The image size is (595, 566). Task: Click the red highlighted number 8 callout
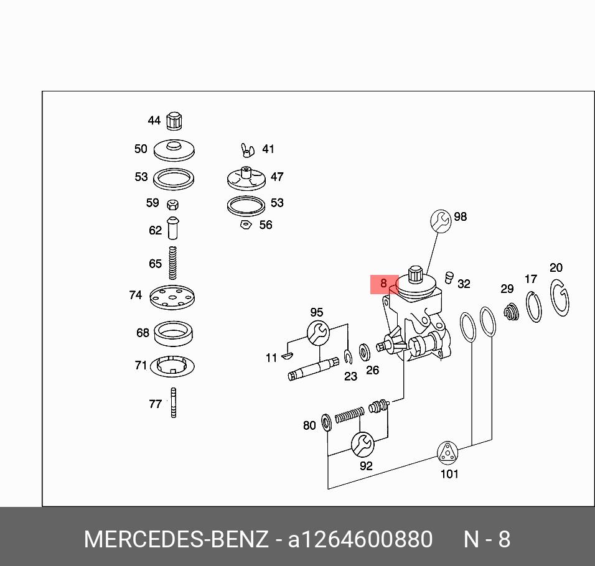coord(384,284)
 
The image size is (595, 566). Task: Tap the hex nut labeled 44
coord(175,121)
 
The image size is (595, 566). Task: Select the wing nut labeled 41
coord(248,150)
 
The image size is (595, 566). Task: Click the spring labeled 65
coord(174,262)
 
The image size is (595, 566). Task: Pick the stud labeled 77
coord(174,402)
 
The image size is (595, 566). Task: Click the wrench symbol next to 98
coord(441,220)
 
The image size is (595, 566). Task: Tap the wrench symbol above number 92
coord(362,444)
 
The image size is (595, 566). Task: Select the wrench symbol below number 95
coord(317,332)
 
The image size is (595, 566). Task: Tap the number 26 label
coord(372,370)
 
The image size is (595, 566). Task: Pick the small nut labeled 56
coord(245,224)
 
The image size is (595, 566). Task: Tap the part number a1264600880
coord(360,539)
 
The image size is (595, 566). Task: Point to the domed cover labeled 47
coord(246,176)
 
